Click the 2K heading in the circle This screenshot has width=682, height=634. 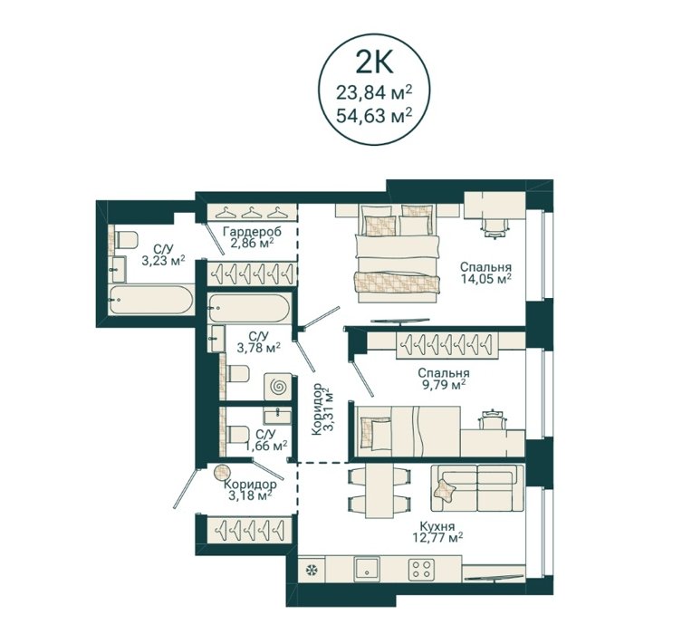[x=374, y=62]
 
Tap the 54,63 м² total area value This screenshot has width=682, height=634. [x=374, y=116]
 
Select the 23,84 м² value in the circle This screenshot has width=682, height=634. [x=374, y=92]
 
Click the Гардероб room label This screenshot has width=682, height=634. [x=252, y=231]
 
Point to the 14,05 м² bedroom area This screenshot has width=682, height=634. [x=485, y=278]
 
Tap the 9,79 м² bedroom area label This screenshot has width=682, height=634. [x=443, y=384]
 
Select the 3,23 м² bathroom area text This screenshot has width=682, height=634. [x=163, y=260]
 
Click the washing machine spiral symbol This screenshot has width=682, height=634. [x=278, y=386]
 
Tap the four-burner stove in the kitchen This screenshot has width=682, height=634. [x=421, y=569]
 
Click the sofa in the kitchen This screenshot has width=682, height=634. [x=477, y=488]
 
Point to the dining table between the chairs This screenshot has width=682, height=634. [x=379, y=491]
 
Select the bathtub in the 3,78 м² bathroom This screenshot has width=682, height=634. [x=248, y=308]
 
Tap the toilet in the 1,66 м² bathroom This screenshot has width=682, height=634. [x=237, y=435]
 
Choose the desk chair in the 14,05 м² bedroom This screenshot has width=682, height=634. [x=495, y=227]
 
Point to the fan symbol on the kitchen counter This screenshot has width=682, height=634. [x=312, y=570]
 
